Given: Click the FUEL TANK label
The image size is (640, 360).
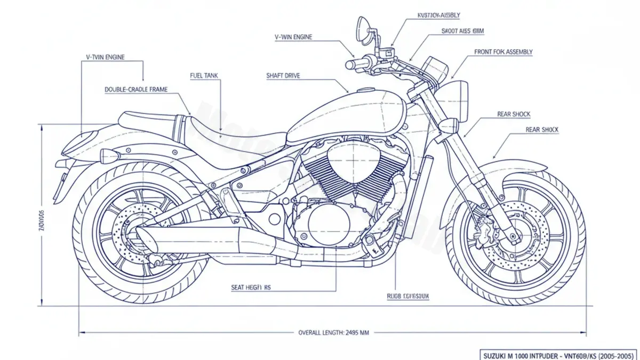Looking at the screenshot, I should click(x=204, y=76).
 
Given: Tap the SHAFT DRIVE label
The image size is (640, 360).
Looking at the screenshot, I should click(x=283, y=76).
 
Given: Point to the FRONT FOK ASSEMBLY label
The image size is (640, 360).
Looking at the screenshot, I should click(x=503, y=52).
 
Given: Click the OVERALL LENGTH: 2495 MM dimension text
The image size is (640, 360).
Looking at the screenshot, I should click(x=333, y=332).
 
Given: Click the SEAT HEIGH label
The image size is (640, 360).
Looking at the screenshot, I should click(x=251, y=287).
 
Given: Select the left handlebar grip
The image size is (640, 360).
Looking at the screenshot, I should click(x=354, y=65).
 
